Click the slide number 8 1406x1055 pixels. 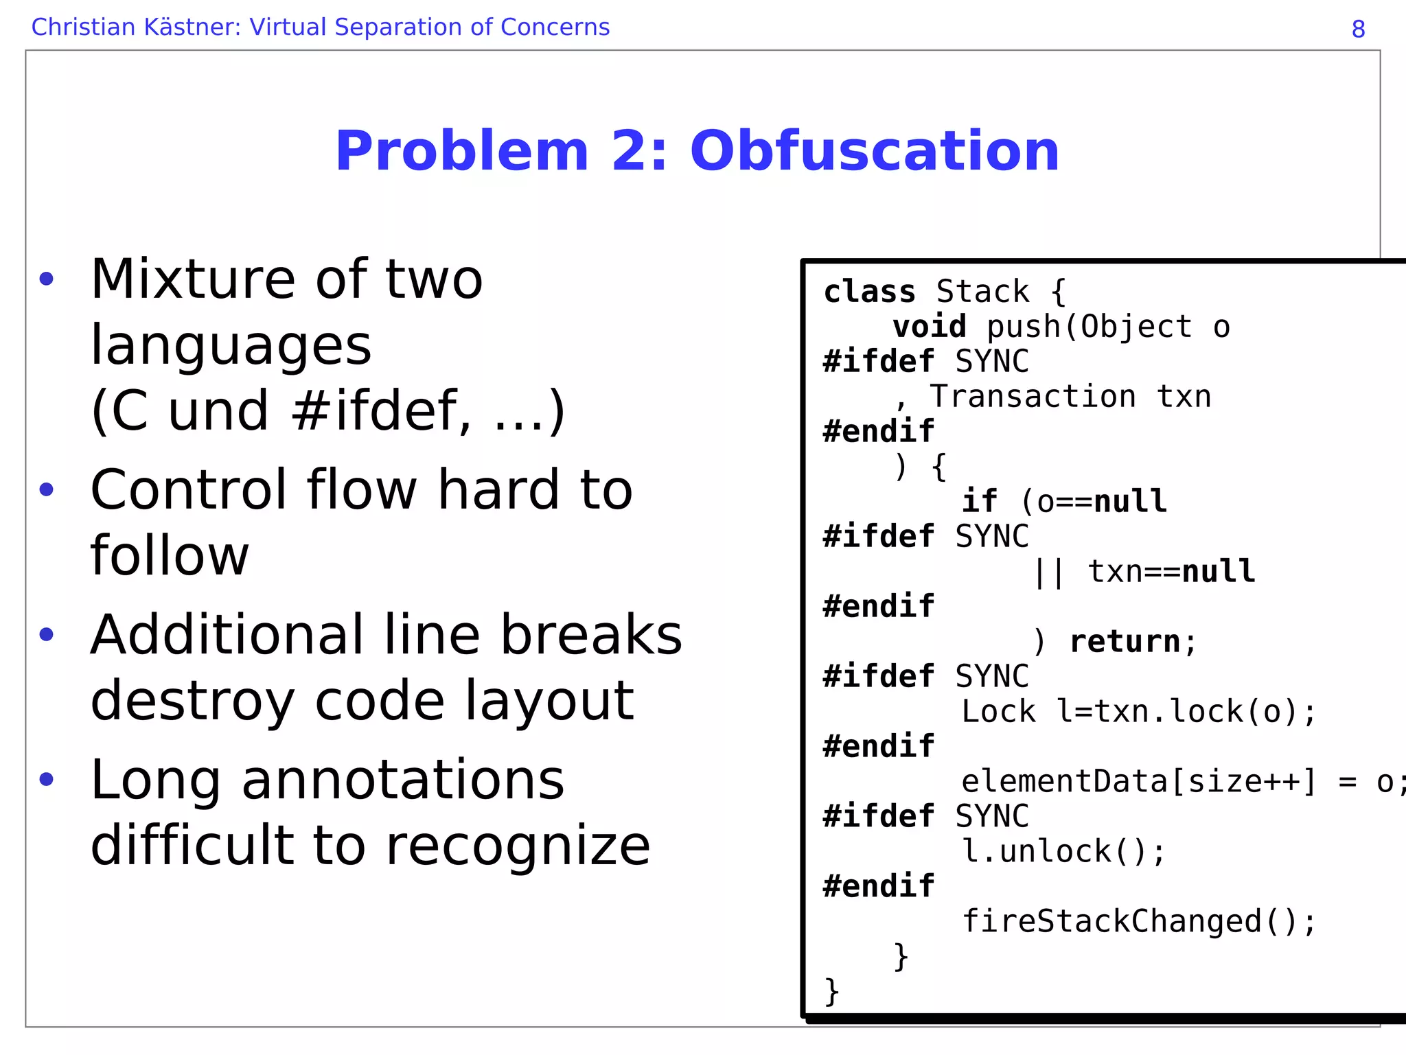pyautogui.click(x=1358, y=29)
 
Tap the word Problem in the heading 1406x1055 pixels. pyautogui.click(x=461, y=151)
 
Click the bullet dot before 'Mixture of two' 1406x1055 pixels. pyautogui.click(x=46, y=279)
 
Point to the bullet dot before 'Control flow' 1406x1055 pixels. pyautogui.click(x=46, y=489)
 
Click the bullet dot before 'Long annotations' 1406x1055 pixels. pyautogui.click(x=46, y=779)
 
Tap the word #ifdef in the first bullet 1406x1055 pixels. pyautogui.click(x=382, y=410)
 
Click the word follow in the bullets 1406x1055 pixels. pyautogui.click(x=170, y=555)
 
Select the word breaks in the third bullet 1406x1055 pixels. pyautogui.click(x=591, y=635)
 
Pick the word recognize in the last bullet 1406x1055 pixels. pyautogui.click(x=518, y=846)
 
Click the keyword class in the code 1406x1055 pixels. pyautogui.click(x=869, y=292)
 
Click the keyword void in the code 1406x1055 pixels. pyautogui.click(x=929, y=327)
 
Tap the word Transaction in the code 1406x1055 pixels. pyautogui.click(x=1033, y=397)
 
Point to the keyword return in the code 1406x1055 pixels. pyautogui.click(x=1125, y=642)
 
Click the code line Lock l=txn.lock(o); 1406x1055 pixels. pyautogui.click(x=1138, y=712)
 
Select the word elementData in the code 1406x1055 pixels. pyautogui.click(x=1063, y=782)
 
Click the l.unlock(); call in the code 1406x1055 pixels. pyautogui.click(x=1063, y=852)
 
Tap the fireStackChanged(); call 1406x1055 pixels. pyautogui.click(x=1138, y=922)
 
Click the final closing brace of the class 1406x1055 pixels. pyautogui.click(x=831, y=992)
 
